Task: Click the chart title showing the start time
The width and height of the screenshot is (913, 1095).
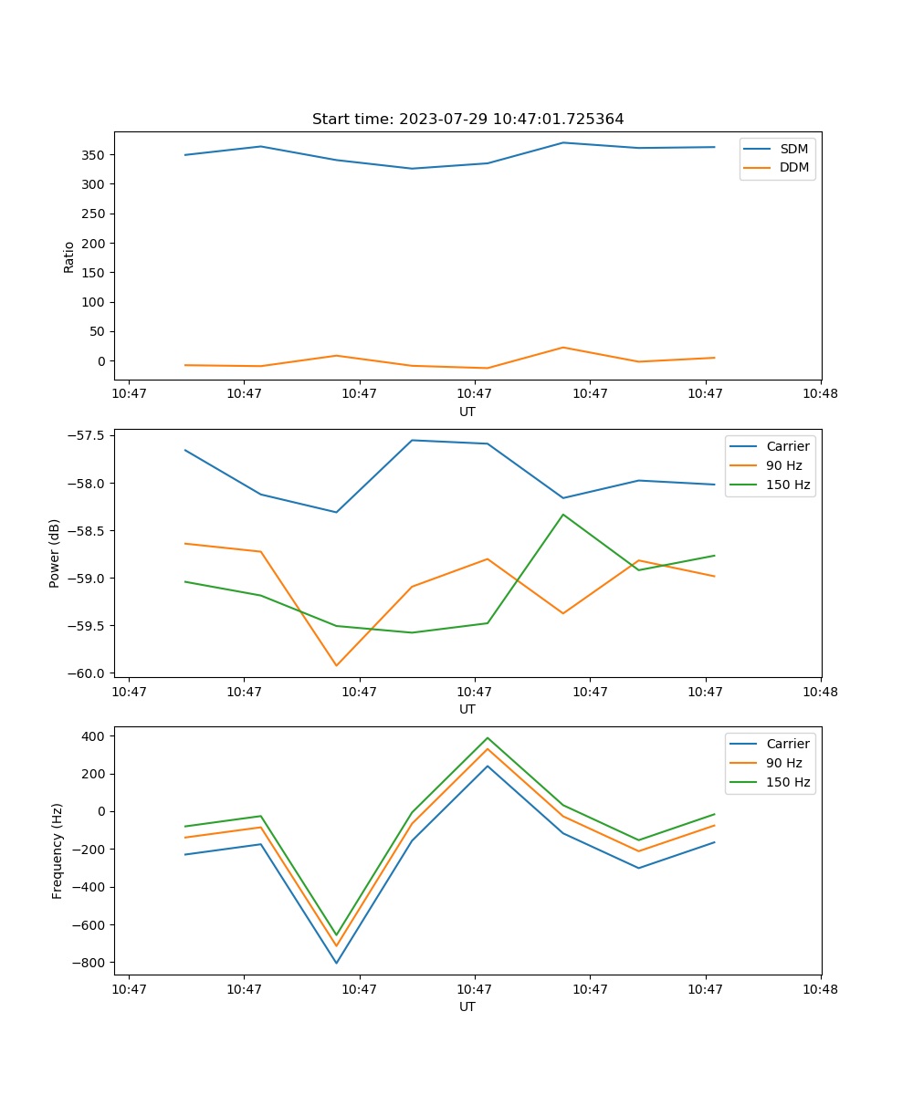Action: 467,120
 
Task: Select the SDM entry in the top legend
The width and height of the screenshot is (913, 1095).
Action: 793,149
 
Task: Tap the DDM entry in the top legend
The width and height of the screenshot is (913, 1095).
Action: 793,168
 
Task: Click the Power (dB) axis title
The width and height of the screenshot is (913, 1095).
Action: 55,553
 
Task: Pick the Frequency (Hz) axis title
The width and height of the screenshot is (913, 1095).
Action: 57,850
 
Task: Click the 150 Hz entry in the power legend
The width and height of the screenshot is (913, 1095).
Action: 788,485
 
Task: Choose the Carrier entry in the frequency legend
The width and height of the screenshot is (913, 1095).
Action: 788,744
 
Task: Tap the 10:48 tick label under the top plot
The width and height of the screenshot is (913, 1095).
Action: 820,394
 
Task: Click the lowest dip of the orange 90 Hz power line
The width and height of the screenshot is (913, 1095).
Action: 336,665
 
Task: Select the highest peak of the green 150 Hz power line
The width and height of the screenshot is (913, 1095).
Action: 563,515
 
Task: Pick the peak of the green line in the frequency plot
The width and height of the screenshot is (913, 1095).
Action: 488,738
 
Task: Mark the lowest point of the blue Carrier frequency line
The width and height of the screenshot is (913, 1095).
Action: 336,963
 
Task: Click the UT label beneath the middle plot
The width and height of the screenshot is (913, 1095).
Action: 467,709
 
